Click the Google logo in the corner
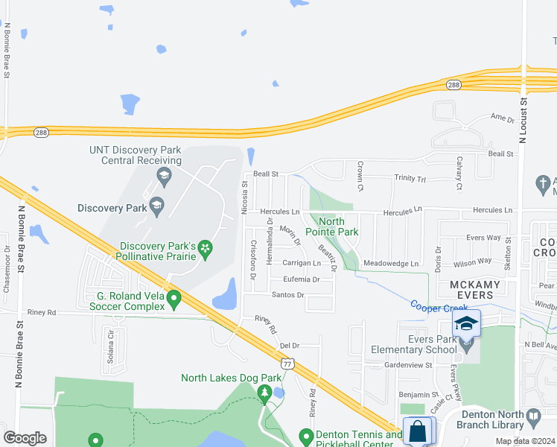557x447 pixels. point(25,438)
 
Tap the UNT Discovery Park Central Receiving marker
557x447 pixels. point(163,177)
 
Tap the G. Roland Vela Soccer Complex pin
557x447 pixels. point(174,299)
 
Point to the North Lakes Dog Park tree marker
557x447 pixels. point(263,392)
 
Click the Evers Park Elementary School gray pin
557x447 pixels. point(466,345)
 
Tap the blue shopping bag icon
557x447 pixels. point(418,431)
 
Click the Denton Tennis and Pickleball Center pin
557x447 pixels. point(305,436)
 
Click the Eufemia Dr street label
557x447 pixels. point(301,279)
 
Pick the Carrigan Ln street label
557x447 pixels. point(302,263)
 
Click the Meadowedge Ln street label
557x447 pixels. point(391,263)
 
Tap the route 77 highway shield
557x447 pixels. point(287,364)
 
